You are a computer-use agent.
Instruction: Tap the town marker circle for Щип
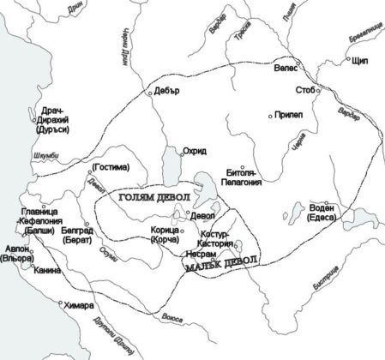350,61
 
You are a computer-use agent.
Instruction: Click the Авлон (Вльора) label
19,251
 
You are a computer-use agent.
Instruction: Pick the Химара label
81,304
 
